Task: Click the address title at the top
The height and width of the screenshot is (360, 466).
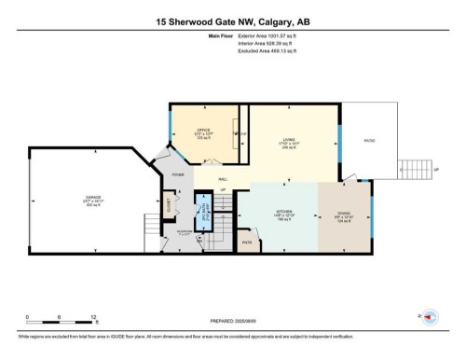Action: coord(233,21)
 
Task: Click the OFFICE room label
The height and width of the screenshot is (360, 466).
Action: coord(202,132)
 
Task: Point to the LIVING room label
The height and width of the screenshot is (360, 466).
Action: coord(290,142)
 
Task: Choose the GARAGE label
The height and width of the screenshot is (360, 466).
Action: coord(94,197)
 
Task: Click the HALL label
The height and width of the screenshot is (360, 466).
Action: coord(224,178)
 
